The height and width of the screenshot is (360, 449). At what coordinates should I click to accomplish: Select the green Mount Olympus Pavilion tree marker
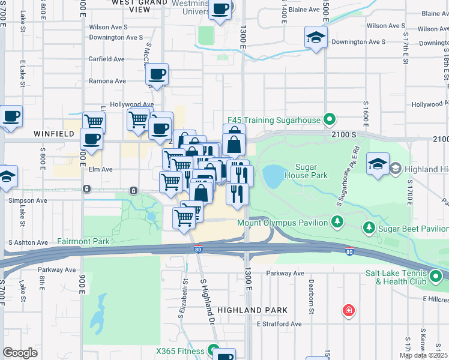click(x=338, y=223)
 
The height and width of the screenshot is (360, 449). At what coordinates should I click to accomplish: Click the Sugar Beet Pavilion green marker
click(x=369, y=228)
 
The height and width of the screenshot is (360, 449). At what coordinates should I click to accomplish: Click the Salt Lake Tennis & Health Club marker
click(x=435, y=277)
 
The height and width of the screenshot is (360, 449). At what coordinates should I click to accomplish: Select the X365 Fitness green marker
click(x=213, y=350)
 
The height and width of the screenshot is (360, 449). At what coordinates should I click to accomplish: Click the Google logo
click(x=20, y=353)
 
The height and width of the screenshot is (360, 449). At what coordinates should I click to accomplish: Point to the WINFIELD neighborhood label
click(x=23, y=133)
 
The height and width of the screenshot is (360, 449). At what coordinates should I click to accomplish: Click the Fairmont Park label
click(x=83, y=241)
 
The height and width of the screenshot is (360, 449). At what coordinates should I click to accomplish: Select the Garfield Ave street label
click(x=107, y=59)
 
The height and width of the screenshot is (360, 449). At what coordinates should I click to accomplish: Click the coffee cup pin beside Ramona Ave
click(x=157, y=75)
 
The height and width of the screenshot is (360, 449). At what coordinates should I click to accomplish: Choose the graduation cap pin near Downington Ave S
click(x=315, y=38)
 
